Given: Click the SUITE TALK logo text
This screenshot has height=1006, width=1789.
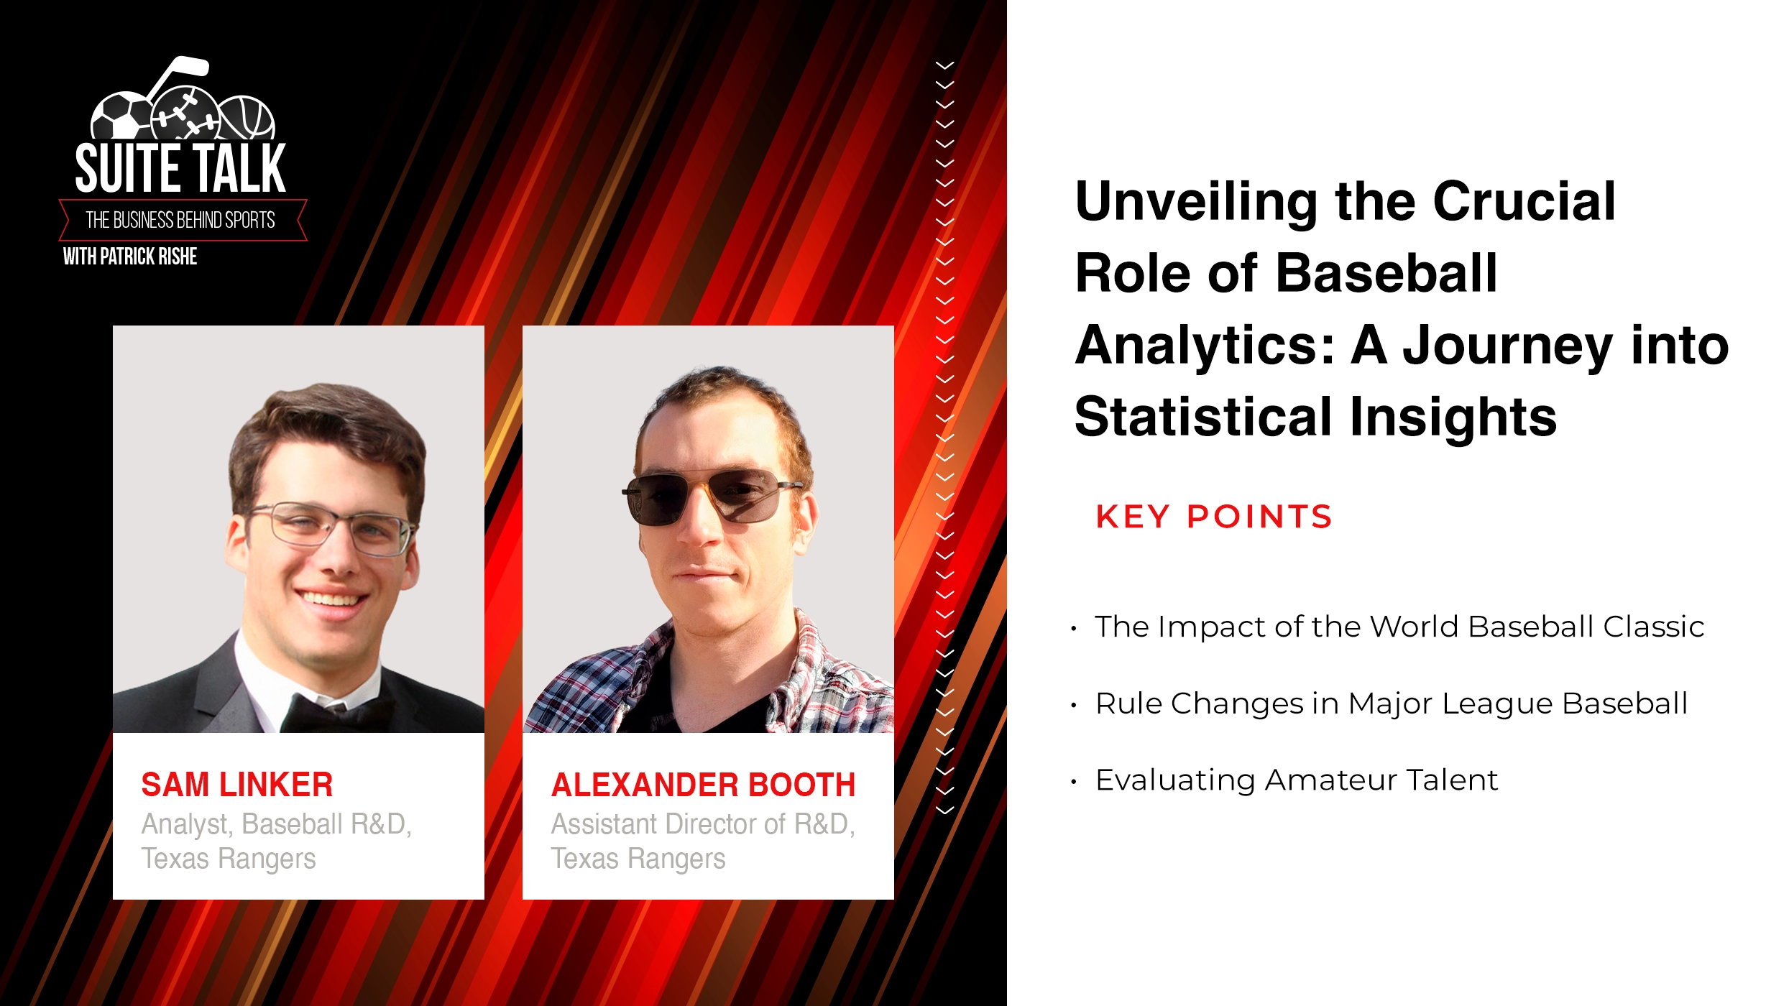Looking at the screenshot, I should [180, 168].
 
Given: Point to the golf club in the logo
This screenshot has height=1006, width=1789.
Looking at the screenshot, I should [175, 73].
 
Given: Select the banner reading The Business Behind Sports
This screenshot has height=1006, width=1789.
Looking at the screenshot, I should [181, 220].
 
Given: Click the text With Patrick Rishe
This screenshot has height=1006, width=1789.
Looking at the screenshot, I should [130, 257].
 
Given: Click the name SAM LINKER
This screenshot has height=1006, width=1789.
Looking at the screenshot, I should [236, 784].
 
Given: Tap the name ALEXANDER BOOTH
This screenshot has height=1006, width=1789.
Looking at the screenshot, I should [703, 784].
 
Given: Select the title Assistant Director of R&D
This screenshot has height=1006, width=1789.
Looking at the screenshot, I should [702, 823].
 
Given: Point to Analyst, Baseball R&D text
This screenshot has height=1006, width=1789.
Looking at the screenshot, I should [276, 823].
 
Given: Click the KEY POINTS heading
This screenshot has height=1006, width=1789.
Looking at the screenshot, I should [1214, 517].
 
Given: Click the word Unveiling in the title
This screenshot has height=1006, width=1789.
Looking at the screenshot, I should [1196, 201].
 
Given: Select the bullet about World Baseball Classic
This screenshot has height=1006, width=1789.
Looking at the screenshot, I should [1399, 627].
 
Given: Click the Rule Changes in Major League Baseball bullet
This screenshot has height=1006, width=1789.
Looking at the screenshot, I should [1391, 703].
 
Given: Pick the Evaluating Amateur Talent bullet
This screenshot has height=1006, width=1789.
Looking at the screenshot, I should [1296, 780].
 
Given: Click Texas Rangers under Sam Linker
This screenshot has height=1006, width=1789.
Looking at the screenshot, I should [229, 858].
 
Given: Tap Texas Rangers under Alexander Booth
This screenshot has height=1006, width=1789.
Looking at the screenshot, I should [638, 858].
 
